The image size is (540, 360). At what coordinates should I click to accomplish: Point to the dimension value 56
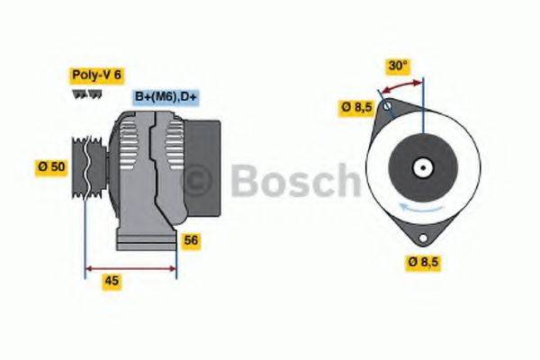pos(191,240)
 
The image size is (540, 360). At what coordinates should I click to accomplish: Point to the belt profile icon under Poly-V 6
pos(82,93)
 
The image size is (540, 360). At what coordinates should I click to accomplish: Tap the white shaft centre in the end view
pos(422,167)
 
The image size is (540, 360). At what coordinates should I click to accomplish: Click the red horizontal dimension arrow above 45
pos(130,267)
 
